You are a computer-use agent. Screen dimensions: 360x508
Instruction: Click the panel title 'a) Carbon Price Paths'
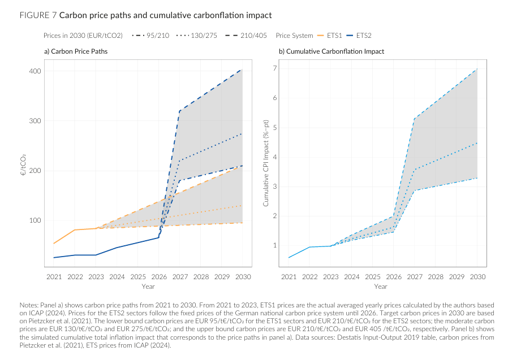tap(76, 51)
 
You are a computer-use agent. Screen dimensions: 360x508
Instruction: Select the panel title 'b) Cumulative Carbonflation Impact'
tap(331, 51)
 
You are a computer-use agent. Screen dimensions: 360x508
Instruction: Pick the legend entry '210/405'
tap(249, 35)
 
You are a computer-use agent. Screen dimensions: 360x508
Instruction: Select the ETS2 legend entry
tap(364, 35)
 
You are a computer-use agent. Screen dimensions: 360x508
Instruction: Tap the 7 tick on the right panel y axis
tap(274, 68)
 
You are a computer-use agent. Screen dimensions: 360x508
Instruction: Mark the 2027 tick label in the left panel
tap(179, 277)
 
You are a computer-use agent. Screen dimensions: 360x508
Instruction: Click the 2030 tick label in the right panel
tap(477, 277)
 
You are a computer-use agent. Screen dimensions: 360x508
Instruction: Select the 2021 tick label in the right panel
tap(289, 277)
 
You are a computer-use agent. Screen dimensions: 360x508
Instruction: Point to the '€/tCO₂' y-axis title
tap(23, 164)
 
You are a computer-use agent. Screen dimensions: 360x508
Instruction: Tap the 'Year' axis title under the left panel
tap(148, 287)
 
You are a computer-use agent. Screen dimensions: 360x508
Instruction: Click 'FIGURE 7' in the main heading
tap(37, 15)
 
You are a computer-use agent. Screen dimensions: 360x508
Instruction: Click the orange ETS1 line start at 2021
tap(54, 244)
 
